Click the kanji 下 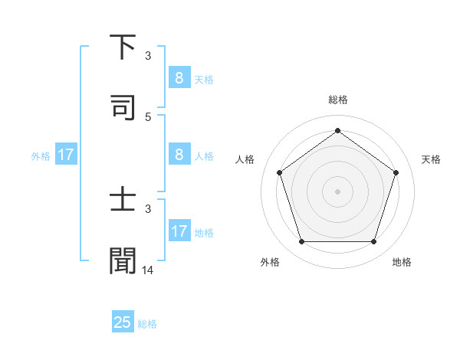(123, 47)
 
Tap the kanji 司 (123, 108)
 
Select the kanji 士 (123, 201)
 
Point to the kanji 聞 (123, 261)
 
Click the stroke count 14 (148, 270)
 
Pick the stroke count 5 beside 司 (148, 117)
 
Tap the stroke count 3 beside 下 (148, 56)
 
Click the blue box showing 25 (123, 322)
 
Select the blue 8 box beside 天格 (179, 77)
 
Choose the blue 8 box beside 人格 (179, 154)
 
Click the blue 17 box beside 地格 (179, 231)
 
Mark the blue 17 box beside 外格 (66, 154)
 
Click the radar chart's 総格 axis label (337, 100)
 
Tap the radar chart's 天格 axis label (431, 159)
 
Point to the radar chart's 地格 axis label (402, 262)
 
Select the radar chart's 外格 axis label (270, 262)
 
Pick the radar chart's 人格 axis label (245, 159)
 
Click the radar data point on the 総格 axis (337, 130)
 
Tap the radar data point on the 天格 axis (396, 172)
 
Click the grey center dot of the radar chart (337, 191)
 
